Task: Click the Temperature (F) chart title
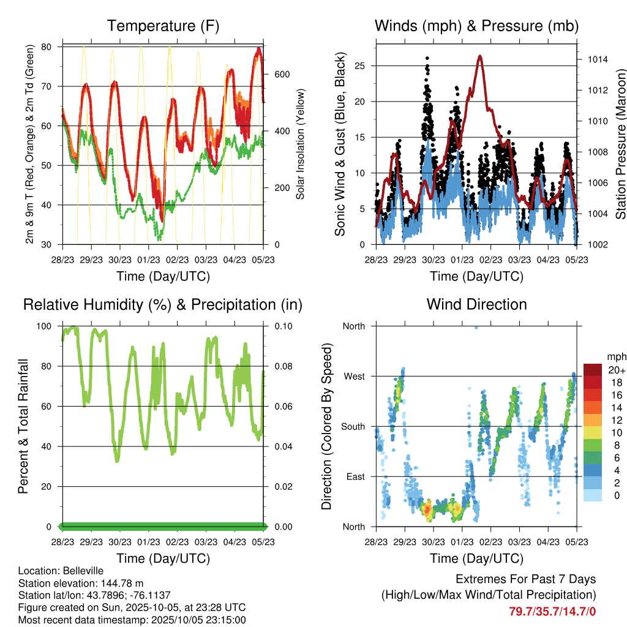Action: tap(162, 26)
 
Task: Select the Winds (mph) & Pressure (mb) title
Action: tap(476, 26)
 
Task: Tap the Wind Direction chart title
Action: tap(476, 304)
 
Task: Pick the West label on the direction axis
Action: tap(353, 376)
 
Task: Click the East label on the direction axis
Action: tap(355, 476)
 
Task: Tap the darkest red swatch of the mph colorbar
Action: tap(592, 370)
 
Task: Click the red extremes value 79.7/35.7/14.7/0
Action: tap(552, 611)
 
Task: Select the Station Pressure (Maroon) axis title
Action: tap(620, 145)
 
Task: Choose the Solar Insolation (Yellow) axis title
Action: tap(301, 145)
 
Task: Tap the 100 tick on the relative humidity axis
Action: tap(49, 326)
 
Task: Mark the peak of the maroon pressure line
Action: tap(480, 56)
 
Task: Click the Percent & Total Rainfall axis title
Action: tap(24, 426)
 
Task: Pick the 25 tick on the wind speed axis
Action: tap(362, 66)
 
